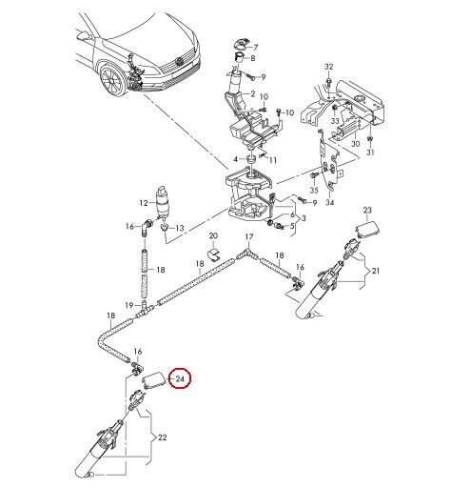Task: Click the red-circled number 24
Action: coord(180,378)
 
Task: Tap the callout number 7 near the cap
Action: coord(256,48)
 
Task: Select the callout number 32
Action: coord(329,67)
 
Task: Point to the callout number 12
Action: coord(144,203)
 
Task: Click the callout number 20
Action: coord(213,235)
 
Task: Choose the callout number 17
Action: coord(249,236)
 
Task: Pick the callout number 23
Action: coord(367,210)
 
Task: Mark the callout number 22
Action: coord(162,437)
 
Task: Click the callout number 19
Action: coord(128,306)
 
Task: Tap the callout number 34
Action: coord(330,202)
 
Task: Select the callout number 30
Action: coord(356,144)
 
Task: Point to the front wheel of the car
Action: coord(111,80)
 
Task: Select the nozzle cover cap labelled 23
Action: coord(368,230)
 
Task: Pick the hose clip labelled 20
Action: coord(213,254)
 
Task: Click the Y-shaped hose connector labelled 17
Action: coord(245,254)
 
